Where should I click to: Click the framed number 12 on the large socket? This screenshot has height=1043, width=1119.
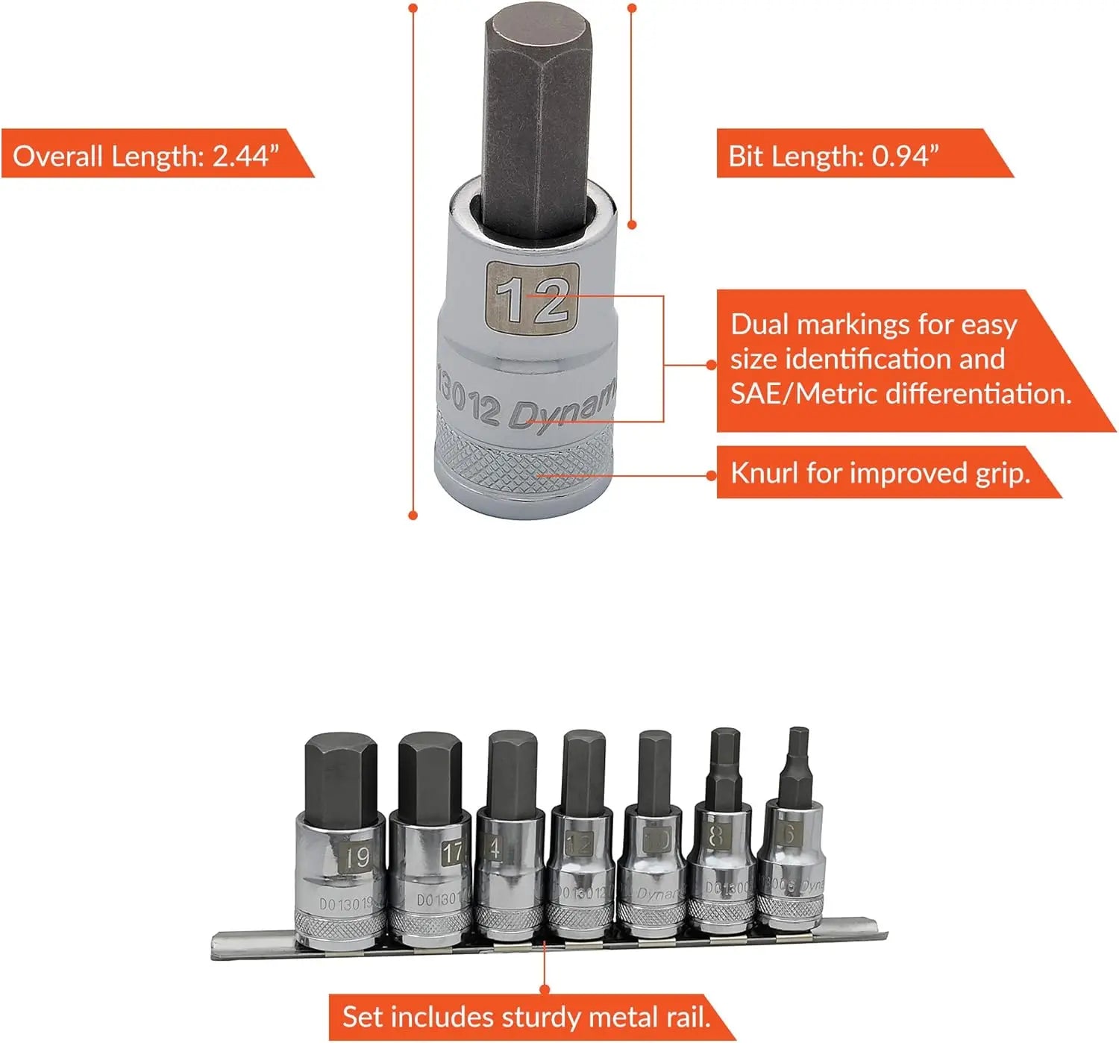click(532, 295)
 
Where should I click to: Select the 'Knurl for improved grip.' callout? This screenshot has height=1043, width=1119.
click(880, 474)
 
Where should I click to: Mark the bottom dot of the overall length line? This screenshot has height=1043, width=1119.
click(413, 515)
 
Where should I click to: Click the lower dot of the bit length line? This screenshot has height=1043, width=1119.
click(632, 224)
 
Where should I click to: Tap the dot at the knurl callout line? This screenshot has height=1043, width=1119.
click(712, 474)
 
